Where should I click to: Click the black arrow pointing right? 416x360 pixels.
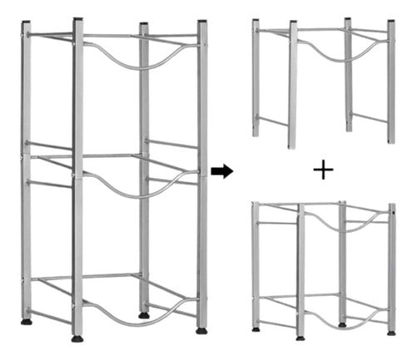click(x=221, y=171)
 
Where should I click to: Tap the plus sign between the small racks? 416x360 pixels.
click(x=323, y=171)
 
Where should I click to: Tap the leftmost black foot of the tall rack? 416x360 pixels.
click(x=26, y=320)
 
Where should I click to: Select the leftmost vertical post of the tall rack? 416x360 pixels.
click(x=26, y=166)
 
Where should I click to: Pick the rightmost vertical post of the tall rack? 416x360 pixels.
click(x=202, y=175)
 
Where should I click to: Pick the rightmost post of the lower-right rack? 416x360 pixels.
click(x=391, y=266)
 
